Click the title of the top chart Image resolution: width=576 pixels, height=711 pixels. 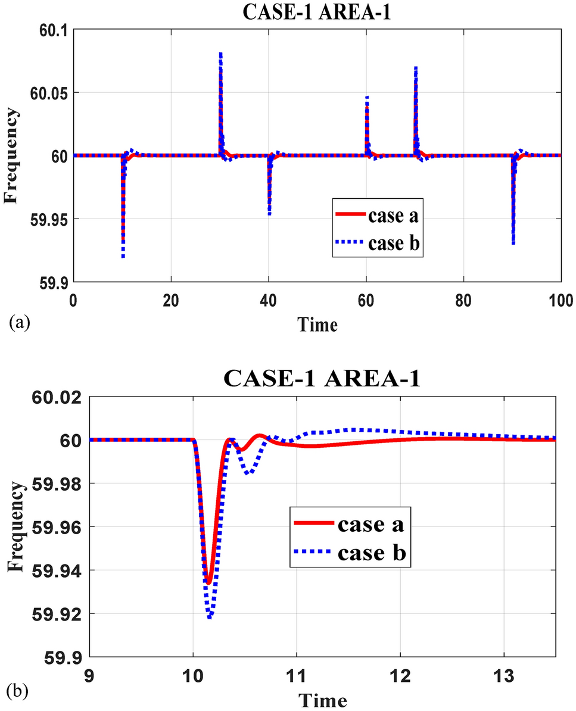click(x=316, y=13)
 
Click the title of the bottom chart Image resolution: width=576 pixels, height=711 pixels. click(x=322, y=379)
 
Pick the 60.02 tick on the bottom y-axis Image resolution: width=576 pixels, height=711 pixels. click(x=55, y=397)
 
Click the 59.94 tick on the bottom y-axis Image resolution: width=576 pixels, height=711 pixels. click(x=55, y=570)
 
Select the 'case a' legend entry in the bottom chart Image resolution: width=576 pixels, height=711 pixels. click(x=372, y=525)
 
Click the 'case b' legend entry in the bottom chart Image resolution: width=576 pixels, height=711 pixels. click(x=372, y=553)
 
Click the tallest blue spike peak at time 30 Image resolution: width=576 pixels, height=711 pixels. click(x=220, y=54)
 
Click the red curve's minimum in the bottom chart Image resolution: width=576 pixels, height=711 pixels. click(x=208, y=582)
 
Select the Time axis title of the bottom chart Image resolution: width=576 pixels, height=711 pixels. click(x=322, y=698)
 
